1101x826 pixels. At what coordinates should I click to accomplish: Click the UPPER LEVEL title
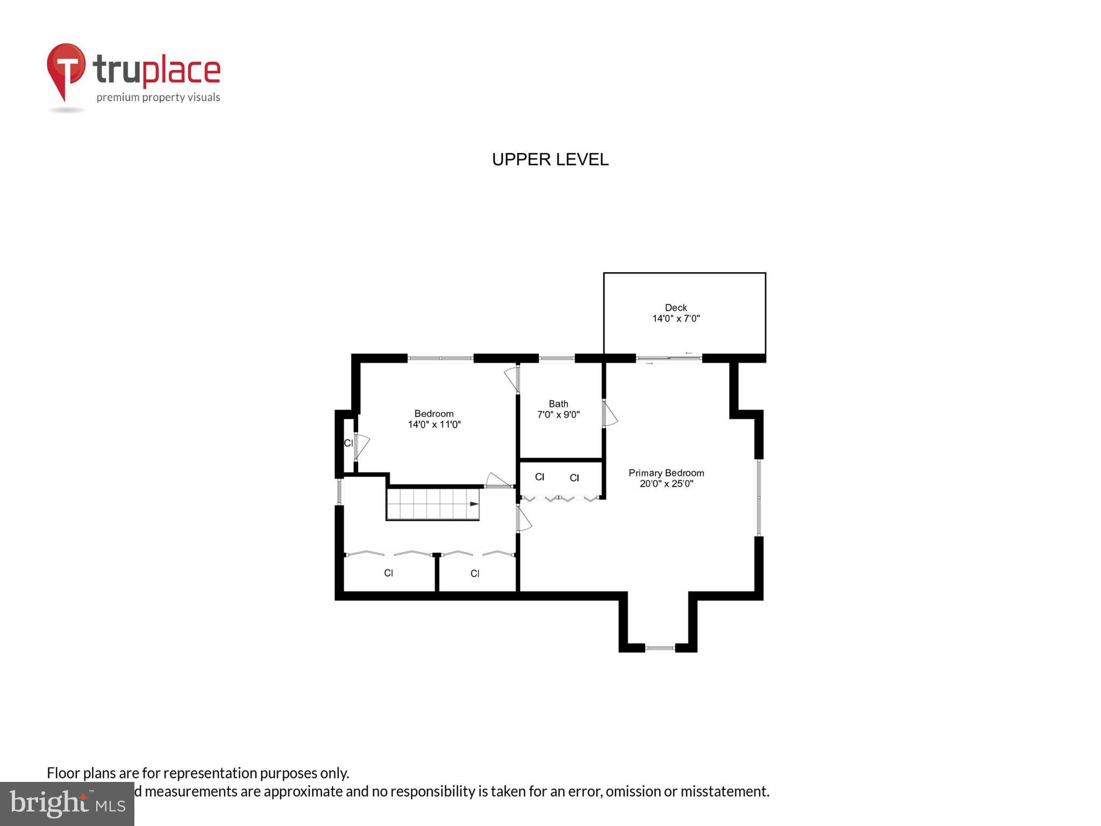[550, 160]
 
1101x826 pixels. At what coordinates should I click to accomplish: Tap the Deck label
[676, 308]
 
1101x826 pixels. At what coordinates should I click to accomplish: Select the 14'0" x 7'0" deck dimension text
[676, 318]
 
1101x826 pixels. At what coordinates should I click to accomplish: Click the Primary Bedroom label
[666, 473]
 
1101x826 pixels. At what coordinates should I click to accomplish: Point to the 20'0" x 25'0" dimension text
[666, 483]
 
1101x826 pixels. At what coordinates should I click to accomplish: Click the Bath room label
[558, 403]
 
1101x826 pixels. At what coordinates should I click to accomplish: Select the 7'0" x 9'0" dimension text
[558, 415]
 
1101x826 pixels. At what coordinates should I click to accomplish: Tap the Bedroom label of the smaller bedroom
[433, 414]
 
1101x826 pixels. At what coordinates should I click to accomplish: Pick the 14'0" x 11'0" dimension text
[434, 424]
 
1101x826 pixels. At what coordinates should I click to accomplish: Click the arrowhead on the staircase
[474, 504]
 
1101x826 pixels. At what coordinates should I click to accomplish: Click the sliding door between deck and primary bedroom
[669, 358]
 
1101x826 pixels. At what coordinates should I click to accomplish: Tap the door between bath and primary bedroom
[609, 413]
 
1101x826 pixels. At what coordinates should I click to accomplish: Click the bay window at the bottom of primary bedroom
[660, 648]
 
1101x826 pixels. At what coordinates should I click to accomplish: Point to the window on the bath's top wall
[556, 358]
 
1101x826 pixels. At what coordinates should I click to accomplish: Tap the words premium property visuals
[158, 97]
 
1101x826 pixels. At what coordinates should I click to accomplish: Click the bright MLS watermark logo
[67, 803]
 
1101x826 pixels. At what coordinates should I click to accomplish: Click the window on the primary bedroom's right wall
[759, 497]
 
